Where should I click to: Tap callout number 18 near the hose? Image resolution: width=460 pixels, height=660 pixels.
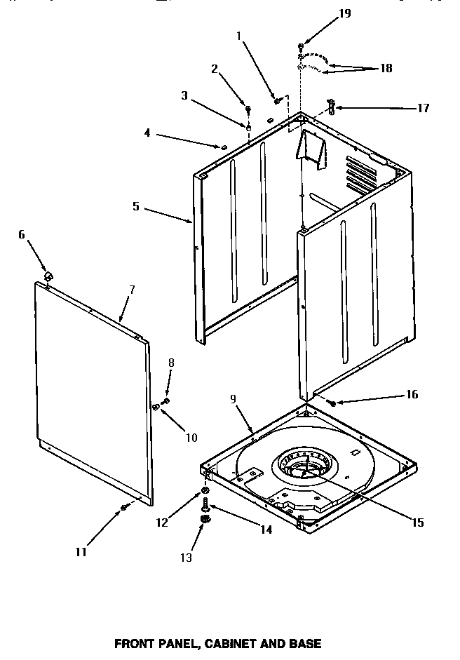[386, 68]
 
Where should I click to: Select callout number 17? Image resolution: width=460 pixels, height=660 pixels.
[423, 108]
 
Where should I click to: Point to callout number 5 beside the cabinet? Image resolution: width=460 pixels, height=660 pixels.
[136, 208]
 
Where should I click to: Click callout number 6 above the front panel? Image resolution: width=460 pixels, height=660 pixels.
[21, 234]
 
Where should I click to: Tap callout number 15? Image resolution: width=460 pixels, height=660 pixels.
[418, 522]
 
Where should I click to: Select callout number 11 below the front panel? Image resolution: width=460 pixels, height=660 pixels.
[81, 552]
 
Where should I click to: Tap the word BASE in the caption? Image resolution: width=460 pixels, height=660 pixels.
[306, 643]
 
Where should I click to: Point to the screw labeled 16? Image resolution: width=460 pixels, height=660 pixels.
[331, 403]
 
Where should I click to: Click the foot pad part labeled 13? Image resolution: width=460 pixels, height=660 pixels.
[205, 519]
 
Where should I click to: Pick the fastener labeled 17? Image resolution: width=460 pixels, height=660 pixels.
[331, 107]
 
